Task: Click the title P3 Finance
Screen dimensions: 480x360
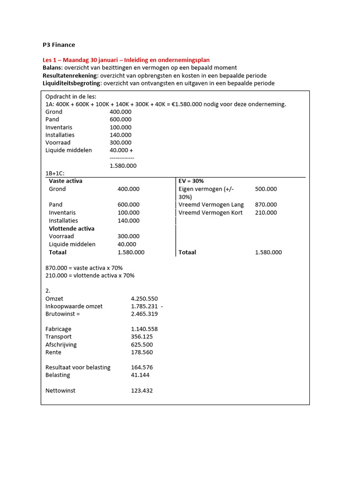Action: click(59, 45)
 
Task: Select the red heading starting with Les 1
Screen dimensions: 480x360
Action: click(126, 60)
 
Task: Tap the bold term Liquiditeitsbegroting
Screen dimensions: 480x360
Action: click(72, 83)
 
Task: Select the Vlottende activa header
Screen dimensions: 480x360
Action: click(72, 229)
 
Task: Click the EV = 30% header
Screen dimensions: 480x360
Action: click(191, 181)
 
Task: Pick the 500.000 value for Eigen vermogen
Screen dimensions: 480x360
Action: click(266, 189)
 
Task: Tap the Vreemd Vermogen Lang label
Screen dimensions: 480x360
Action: click(211, 205)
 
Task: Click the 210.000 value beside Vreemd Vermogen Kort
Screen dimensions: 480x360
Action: click(266, 213)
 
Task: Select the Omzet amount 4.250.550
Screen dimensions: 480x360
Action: click(144, 299)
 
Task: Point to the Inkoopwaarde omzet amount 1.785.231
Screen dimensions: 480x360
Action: click(144, 307)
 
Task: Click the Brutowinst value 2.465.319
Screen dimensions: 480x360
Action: click(144, 314)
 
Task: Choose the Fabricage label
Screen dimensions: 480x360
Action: click(59, 330)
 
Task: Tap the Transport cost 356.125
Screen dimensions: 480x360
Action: click(142, 337)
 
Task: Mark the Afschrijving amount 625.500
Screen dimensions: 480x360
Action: click(142, 345)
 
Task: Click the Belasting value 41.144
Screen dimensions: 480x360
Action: click(140, 375)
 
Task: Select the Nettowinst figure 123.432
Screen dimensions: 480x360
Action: click(142, 390)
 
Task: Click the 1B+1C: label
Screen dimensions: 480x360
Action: click(55, 173)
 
